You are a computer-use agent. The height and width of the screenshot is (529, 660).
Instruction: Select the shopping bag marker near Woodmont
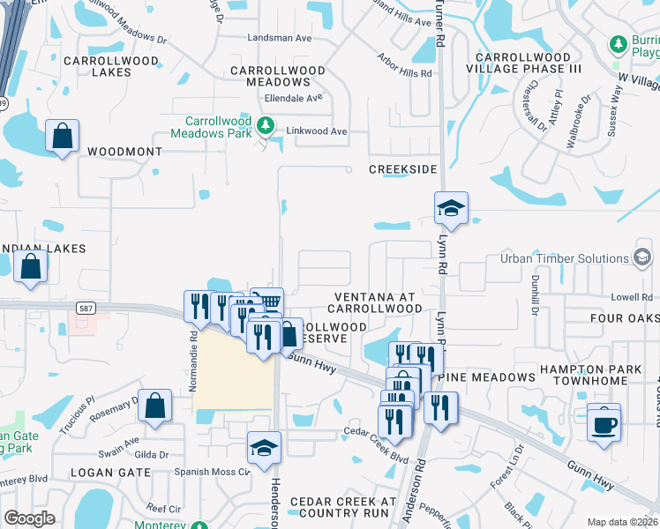coord(62,138)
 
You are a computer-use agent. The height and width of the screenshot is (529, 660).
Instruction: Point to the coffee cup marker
coord(604,424)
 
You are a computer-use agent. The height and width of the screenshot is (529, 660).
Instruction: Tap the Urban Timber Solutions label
coord(564,258)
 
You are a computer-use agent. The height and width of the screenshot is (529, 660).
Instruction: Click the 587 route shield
coord(86,309)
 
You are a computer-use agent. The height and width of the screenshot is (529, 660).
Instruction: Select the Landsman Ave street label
coord(280,39)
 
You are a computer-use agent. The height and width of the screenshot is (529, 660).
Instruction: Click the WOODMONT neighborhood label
coord(124,152)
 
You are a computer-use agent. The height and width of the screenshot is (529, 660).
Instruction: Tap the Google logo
coord(29,518)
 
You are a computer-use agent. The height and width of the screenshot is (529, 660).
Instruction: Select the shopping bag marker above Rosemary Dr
coord(154,406)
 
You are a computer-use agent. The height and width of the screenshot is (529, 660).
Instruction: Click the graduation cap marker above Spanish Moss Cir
coord(264,450)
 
